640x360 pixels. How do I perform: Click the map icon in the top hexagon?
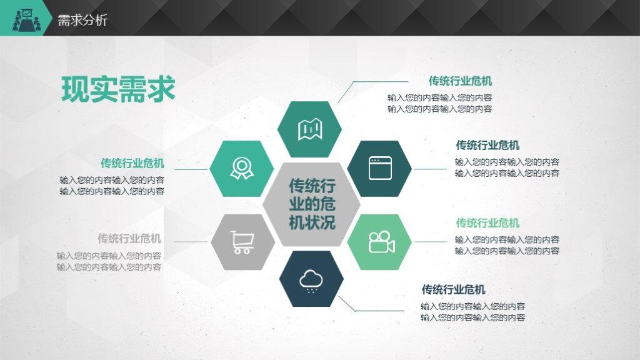coord(310,129)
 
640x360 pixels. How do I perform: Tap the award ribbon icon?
coord(242,169)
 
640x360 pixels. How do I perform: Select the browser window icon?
coord(380,168)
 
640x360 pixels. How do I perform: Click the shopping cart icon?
coord(242,242)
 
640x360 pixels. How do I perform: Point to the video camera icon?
coord(382,242)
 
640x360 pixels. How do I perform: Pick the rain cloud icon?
coord(311,281)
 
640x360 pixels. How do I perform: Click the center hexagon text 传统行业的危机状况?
coord(312,204)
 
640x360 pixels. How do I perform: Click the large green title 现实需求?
coord(118,89)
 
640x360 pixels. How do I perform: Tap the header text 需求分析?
coord(82,20)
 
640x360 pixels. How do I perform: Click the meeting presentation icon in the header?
coord(26,19)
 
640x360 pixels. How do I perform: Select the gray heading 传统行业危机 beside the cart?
coord(129,238)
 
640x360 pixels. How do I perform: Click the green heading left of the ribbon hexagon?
coord(132,163)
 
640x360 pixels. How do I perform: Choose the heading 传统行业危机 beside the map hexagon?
coord(461,81)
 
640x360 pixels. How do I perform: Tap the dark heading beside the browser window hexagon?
coord(487,145)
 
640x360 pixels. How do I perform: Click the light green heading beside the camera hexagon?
coord(487,223)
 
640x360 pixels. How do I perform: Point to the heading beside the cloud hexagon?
coord(454,289)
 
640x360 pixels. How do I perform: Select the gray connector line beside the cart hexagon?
coord(191,242)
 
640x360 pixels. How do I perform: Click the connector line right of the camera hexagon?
coord(431,242)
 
